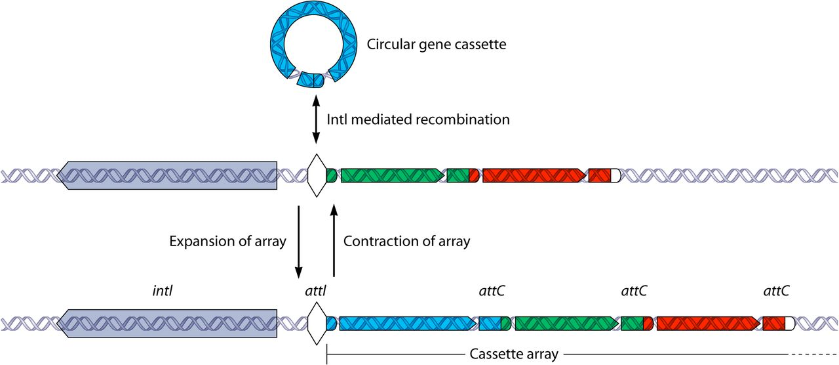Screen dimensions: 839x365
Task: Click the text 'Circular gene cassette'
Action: tap(437, 44)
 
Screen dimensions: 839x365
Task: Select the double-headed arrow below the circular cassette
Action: tap(316, 119)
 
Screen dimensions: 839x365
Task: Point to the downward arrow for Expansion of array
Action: tap(298, 242)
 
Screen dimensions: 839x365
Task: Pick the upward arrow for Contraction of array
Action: tap(334, 240)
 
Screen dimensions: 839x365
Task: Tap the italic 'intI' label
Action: tap(162, 291)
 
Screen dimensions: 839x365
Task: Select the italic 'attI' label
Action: tap(315, 291)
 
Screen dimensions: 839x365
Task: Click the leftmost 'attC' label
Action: tap(492, 291)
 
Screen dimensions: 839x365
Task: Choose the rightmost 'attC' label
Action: tap(776, 291)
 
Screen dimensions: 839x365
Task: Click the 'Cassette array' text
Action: tap(514, 354)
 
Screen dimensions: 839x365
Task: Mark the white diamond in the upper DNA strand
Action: tap(317, 175)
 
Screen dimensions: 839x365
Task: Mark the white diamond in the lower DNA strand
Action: tap(317, 324)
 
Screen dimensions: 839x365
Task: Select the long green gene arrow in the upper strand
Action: tap(393, 175)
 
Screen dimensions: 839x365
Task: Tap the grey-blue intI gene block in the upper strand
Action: tap(166, 175)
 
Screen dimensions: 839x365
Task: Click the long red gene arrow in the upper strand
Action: tap(534, 175)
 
